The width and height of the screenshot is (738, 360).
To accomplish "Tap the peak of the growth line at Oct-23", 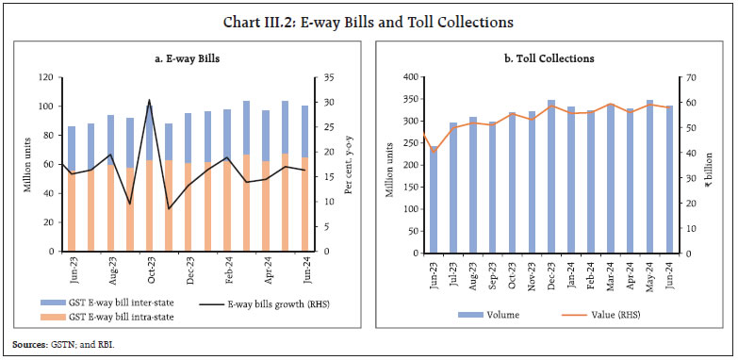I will coord(149,100).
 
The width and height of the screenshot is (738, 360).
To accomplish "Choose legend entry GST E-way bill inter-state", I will coord(111,304).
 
